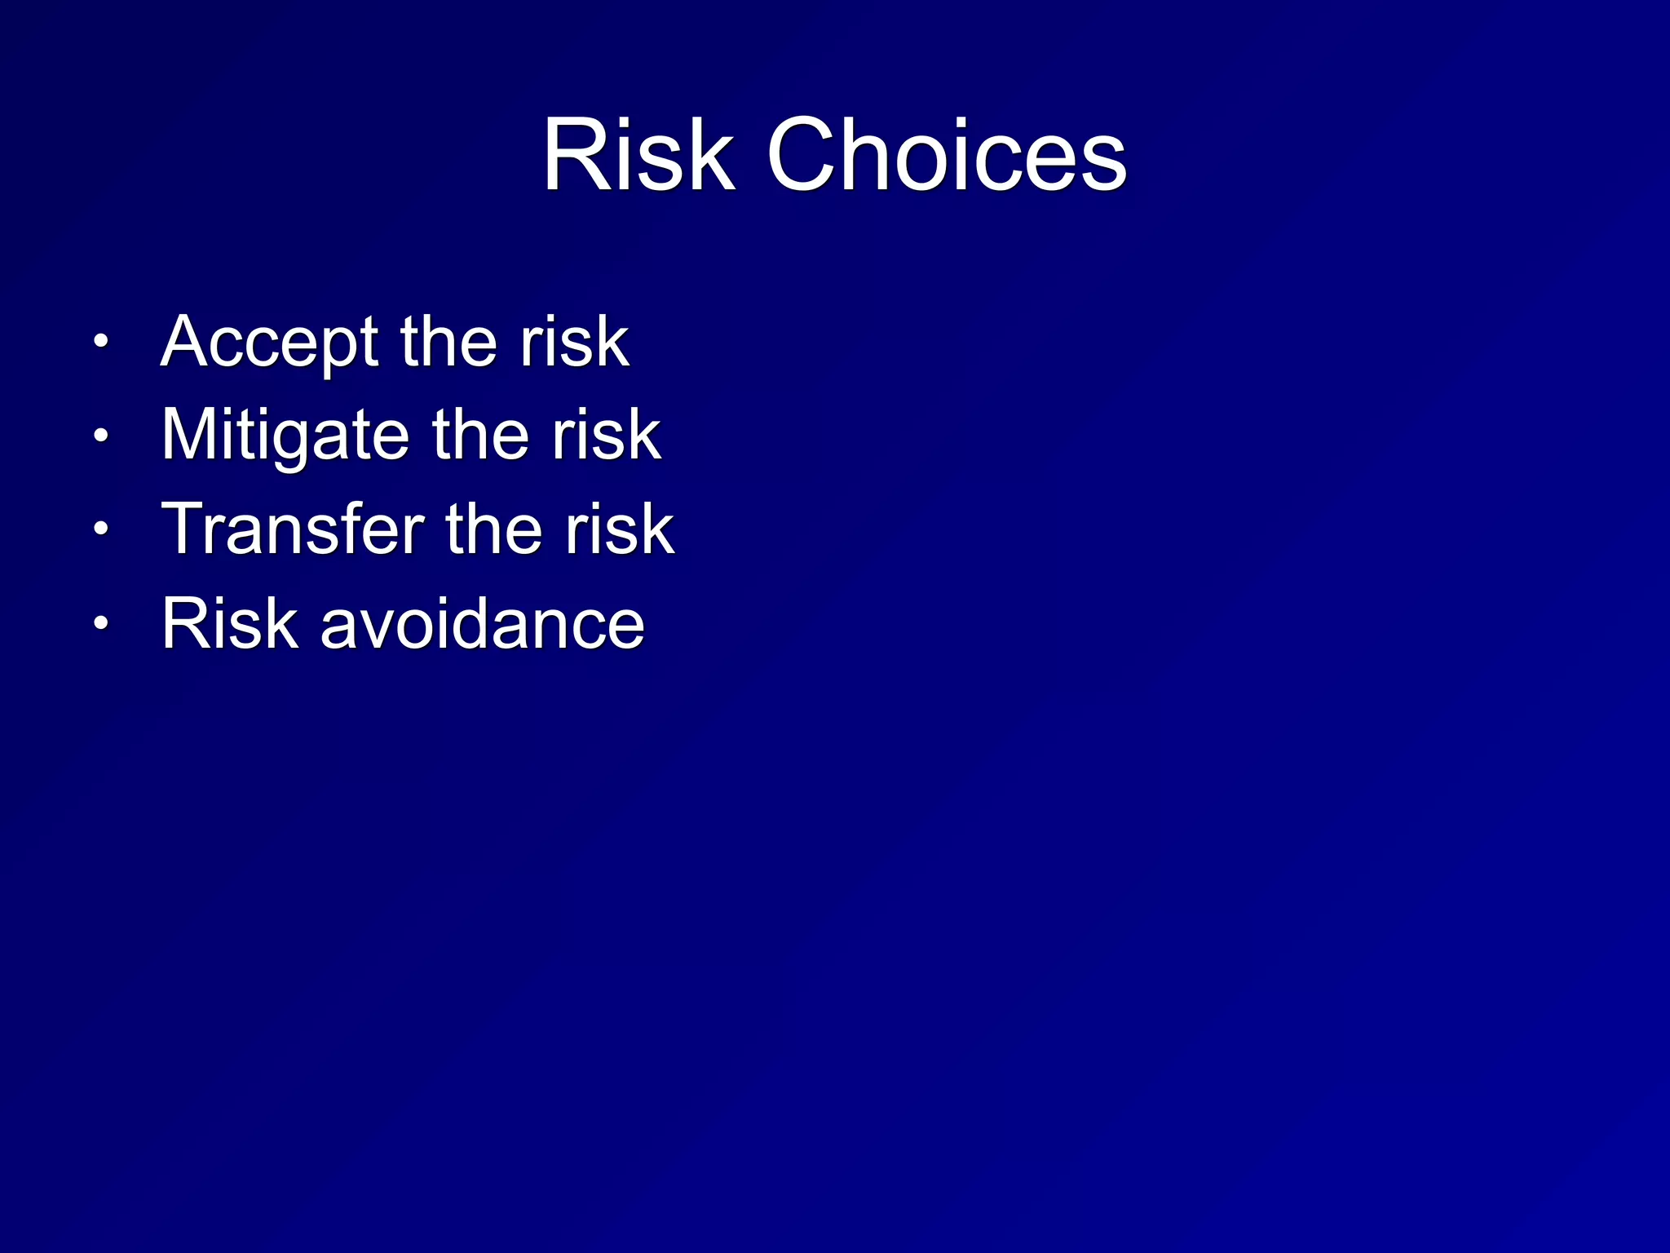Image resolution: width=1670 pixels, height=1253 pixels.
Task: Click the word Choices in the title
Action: (947, 155)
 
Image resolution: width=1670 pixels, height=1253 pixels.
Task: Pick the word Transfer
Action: (293, 529)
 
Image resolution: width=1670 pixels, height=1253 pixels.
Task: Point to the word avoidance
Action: (483, 624)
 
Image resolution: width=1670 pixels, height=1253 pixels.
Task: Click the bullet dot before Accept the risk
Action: (100, 341)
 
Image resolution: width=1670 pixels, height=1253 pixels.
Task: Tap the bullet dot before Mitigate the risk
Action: (100, 436)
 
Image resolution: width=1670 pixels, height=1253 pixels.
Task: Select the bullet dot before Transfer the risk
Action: (100, 529)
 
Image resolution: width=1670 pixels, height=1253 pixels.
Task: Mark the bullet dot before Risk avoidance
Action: (100, 624)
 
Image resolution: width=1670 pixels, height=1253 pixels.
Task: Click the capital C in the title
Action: (804, 155)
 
